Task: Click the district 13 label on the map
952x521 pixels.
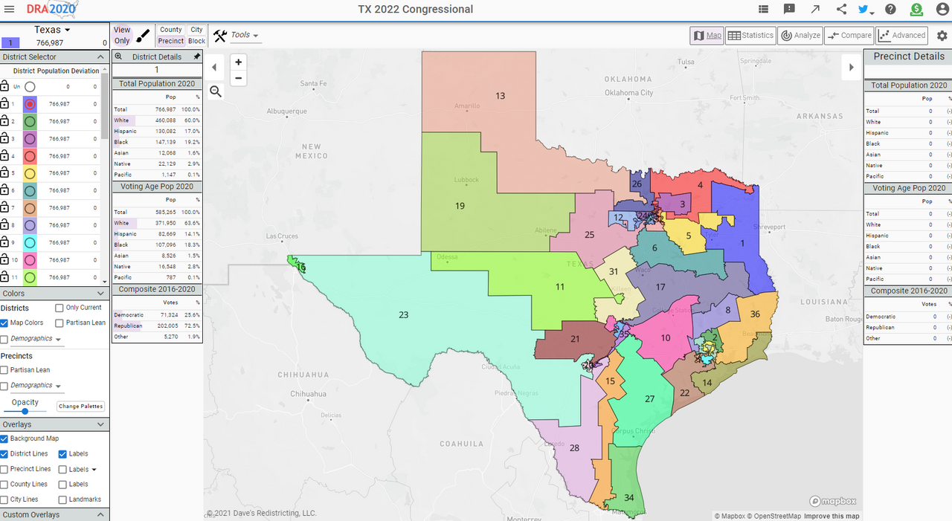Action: pyautogui.click(x=500, y=96)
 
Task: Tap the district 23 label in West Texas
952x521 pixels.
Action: pyautogui.click(x=403, y=315)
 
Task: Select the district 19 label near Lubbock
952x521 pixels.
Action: pyautogui.click(x=460, y=206)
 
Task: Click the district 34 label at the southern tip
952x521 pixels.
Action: pyautogui.click(x=629, y=498)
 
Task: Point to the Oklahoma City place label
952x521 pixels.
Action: pyautogui.click(x=628, y=93)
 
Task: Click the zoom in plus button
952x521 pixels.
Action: pyautogui.click(x=238, y=62)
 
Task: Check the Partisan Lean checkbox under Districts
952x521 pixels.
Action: pyautogui.click(x=59, y=323)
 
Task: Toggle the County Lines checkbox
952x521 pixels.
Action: pyautogui.click(x=4, y=485)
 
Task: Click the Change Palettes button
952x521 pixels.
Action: pyautogui.click(x=81, y=407)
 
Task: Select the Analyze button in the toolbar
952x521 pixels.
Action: pyautogui.click(x=800, y=36)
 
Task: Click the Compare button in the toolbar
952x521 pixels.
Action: pyautogui.click(x=849, y=36)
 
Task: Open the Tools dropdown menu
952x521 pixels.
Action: pyautogui.click(x=237, y=36)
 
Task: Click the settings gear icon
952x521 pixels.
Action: pyautogui.click(x=942, y=36)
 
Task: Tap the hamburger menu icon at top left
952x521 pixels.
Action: pyautogui.click(x=9, y=10)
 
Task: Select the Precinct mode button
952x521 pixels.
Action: pyautogui.click(x=171, y=42)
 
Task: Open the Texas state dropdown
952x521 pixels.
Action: pyautogui.click(x=52, y=30)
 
